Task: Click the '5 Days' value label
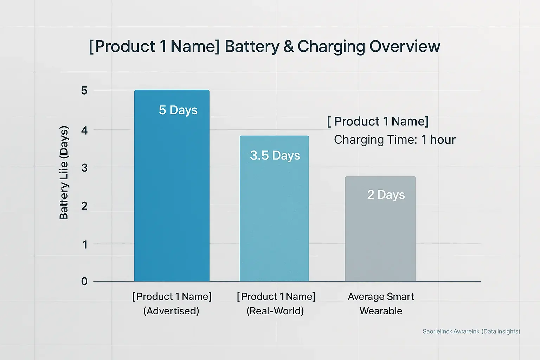click(178, 110)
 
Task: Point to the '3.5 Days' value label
click(275, 155)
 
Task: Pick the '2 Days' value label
click(386, 195)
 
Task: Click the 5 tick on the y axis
click(84, 91)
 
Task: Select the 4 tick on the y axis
click(84, 130)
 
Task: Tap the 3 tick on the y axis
click(84, 168)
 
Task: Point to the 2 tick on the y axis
click(84, 206)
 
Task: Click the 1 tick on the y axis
click(84, 244)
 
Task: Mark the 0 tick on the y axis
click(84, 281)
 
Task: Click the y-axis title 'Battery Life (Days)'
click(64, 172)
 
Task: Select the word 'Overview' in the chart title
click(405, 46)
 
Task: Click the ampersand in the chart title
click(288, 46)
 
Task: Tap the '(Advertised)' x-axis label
click(171, 311)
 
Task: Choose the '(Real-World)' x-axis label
click(275, 311)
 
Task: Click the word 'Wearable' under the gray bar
click(381, 311)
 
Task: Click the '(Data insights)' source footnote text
click(501, 331)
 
